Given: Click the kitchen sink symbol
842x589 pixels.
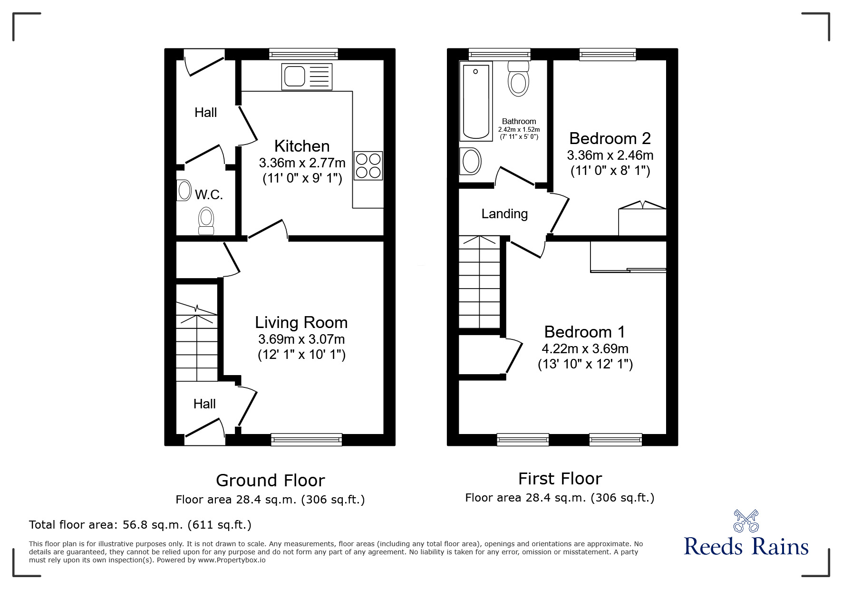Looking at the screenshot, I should (x=307, y=76).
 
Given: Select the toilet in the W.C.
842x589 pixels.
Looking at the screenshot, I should (x=206, y=221).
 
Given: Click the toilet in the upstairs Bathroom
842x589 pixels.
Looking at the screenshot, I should (x=518, y=78).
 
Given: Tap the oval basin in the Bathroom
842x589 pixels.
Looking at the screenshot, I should (x=471, y=161).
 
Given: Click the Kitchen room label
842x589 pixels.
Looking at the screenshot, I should (x=302, y=146).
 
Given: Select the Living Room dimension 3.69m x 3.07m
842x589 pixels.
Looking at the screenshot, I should (x=301, y=339).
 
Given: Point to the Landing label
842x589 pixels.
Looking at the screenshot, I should (x=504, y=214).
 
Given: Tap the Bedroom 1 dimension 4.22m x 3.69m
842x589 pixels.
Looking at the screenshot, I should (x=585, y=349).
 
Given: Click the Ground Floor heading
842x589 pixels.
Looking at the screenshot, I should (x=270, y=480).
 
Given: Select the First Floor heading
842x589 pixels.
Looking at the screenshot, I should (x=560, y=478).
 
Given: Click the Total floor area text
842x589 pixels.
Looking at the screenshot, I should (x=140, y=525).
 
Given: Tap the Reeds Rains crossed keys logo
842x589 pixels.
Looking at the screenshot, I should (x=745, y=521).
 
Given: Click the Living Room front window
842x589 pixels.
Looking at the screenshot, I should (x=307, y=439).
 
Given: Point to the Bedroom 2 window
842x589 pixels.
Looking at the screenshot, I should (x=608, y=54).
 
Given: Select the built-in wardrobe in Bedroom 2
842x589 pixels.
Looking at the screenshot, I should (x=642, y=221).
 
